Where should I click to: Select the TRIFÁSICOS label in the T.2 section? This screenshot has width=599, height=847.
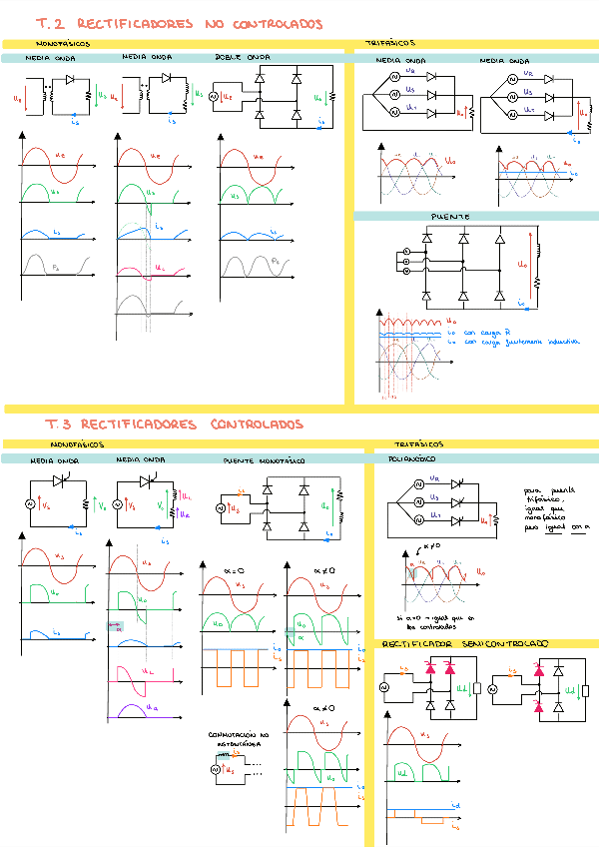(390, 44)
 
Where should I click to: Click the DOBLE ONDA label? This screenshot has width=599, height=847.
(243, 58)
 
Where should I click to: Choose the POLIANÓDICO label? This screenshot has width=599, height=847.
(410, 458)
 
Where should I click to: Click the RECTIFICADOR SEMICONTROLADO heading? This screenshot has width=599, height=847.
(464, 644)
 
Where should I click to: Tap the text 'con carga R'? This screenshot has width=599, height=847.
(484, 331)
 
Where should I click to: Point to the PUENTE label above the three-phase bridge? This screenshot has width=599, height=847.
(450, 216)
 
